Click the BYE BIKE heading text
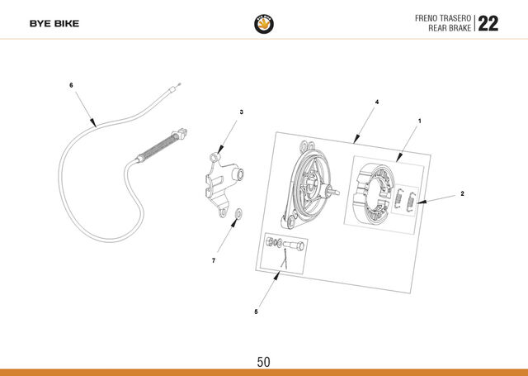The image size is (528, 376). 54,24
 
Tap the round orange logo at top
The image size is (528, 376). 264,24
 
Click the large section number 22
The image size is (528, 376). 488,24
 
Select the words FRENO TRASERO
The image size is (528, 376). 442,18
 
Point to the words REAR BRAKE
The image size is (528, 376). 450,28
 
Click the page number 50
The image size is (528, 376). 263,362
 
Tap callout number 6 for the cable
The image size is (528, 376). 71,85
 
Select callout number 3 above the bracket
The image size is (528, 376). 242,112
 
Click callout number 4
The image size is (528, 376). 377,102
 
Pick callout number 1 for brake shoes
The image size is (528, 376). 420,121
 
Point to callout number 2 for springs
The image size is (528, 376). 462,193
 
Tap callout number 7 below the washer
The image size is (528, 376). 214,260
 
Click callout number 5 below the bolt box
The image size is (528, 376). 256,312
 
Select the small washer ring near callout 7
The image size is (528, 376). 238,213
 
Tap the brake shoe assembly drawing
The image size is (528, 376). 373,193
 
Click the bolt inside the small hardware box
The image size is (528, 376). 294,245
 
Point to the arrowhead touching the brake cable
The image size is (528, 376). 93,123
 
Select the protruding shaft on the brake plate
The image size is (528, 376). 332,192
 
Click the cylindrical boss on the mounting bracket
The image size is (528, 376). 238,174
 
